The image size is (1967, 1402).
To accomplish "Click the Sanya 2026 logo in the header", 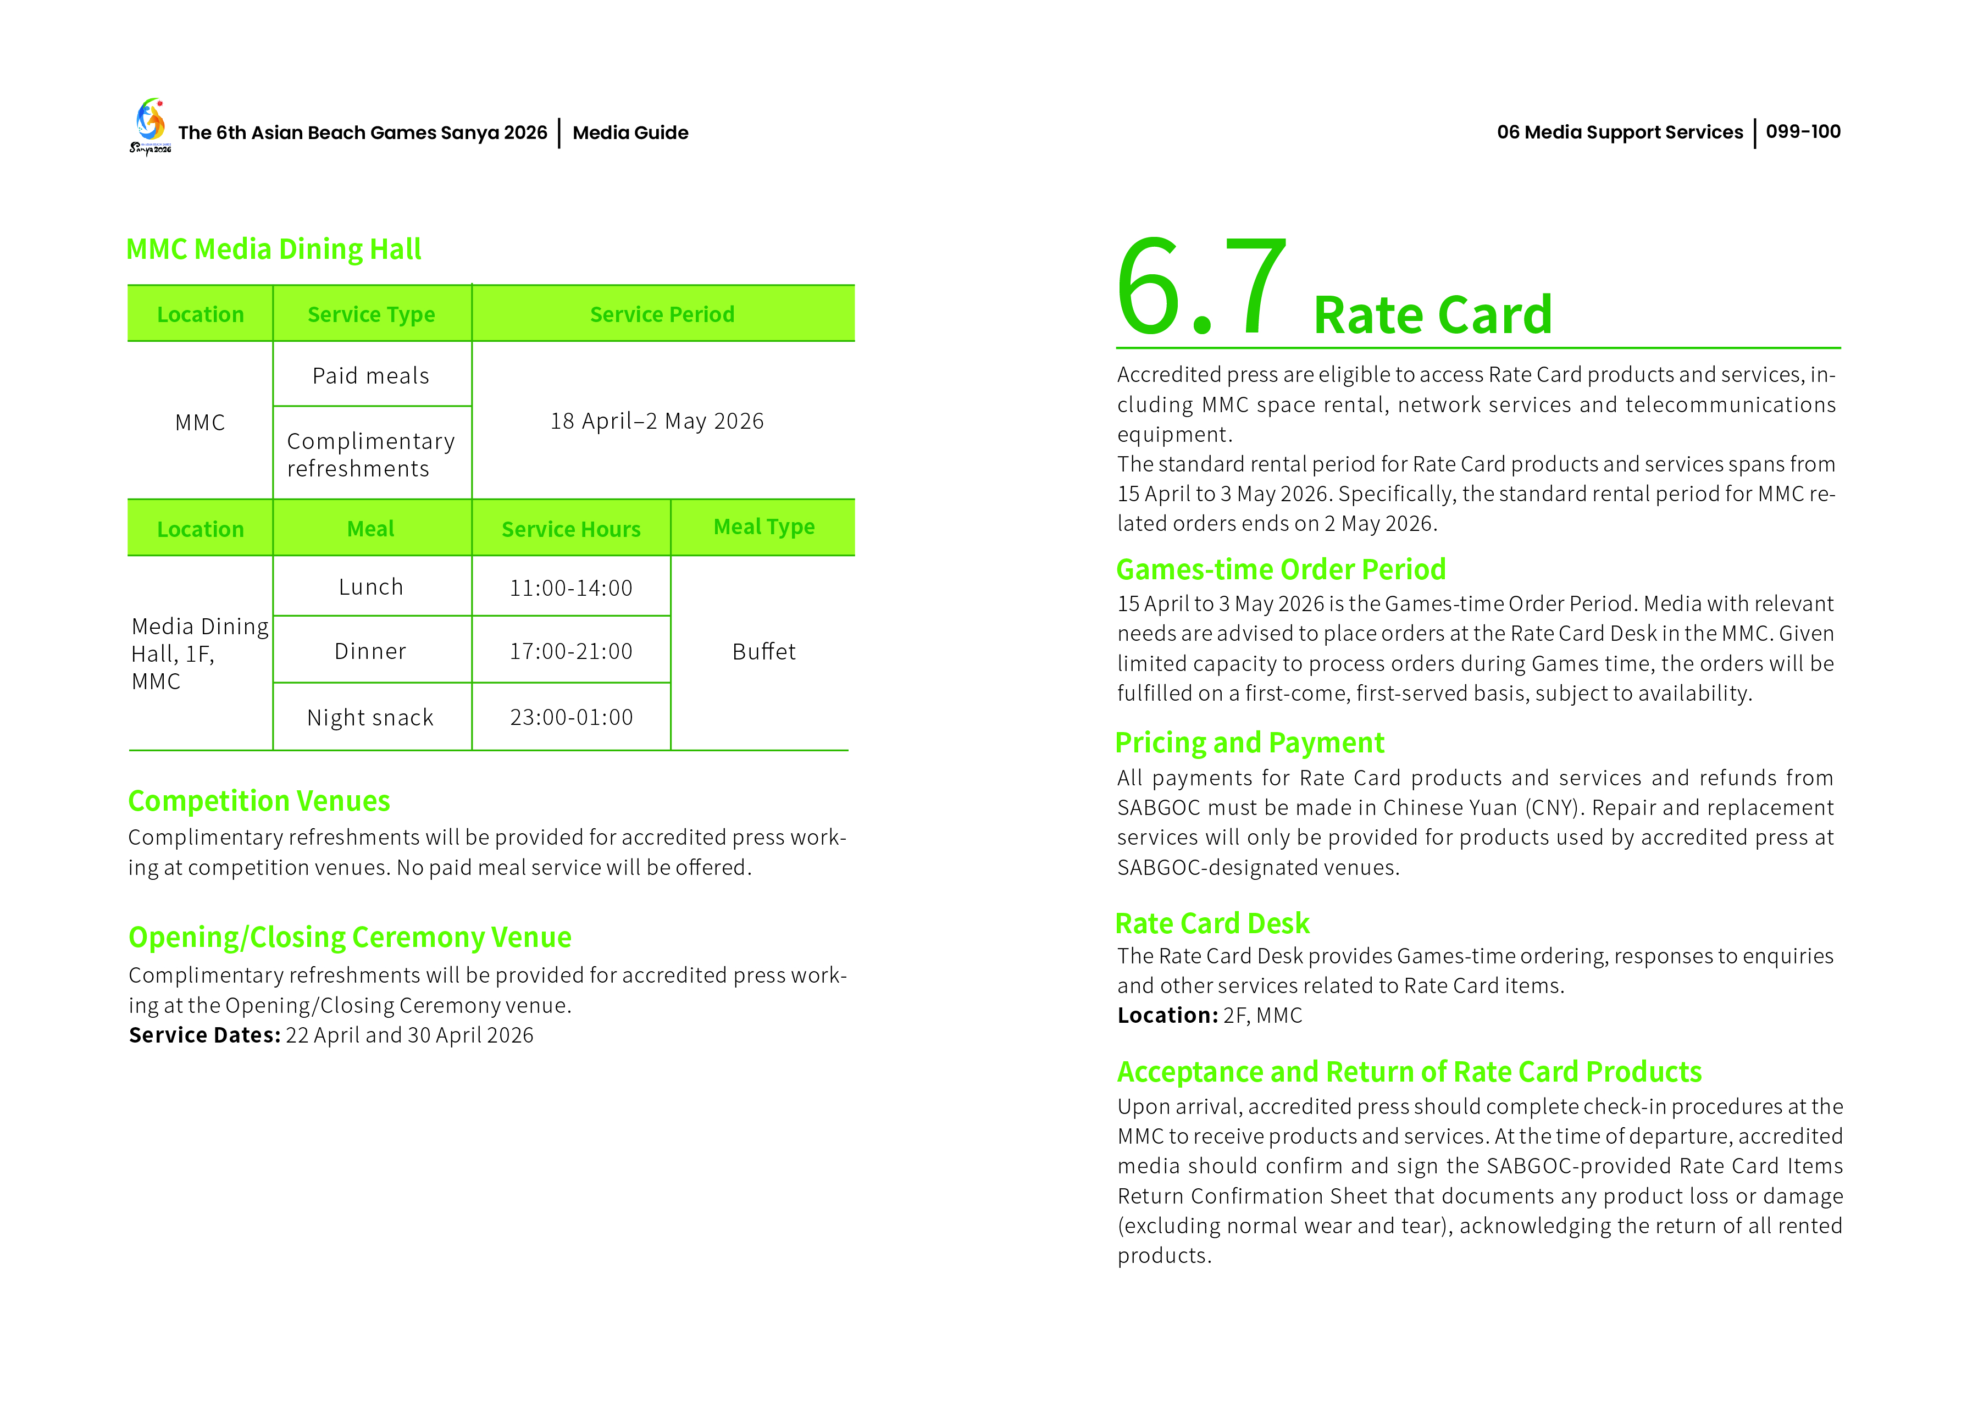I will (x=150, y=126).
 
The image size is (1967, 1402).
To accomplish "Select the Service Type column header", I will (x=371, y=314).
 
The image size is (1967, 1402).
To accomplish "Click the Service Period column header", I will (x=662, y=314).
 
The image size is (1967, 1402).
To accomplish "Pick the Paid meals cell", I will (x=371, y=375).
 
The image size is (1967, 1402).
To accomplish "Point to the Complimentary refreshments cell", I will (x=371, y=454).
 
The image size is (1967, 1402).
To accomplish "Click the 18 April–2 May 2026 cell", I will (x=657, y=422).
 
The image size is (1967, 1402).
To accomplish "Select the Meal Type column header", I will (x=764, y=527).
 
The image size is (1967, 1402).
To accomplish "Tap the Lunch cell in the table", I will (x=371, y=587).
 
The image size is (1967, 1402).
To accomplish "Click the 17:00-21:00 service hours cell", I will (x=570, y=651).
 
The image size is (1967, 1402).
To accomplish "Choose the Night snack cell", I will (x=371, y=717).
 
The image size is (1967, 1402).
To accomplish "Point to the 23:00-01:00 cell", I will (x=570, y=717).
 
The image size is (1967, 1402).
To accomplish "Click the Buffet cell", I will (x=764, y=652).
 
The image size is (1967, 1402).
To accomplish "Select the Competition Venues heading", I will (x=259, y=801).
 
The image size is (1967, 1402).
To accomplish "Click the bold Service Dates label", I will (x=204, y=1035).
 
